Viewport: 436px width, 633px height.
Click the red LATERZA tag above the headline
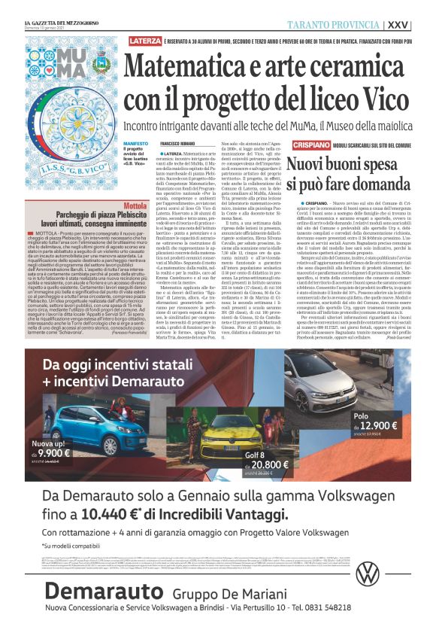(x=144, y=40)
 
